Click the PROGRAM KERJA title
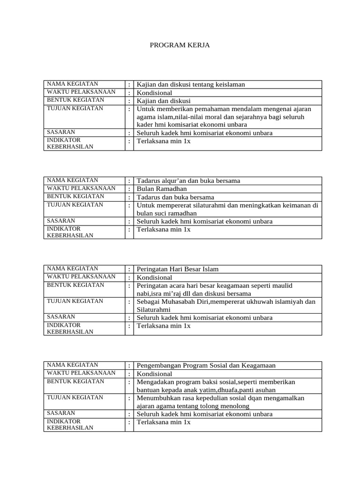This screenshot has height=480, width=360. pyautogui.click(x=180, y=45)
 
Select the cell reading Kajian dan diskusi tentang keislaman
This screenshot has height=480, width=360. pyautogui.click(x=191, y=84)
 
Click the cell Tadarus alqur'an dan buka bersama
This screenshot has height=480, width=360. pyautogui.click(x=188, y=180)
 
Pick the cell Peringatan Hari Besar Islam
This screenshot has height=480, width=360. pyautogui.click(x=177, y=269)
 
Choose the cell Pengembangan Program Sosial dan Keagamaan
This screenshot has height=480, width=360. pyautogui.click(x=206, y=365)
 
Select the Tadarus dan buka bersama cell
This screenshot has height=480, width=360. pyautogui.click(x=175, y=197)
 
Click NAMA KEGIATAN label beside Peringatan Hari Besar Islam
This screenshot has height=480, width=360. pyautogui.click(x=72, y=269)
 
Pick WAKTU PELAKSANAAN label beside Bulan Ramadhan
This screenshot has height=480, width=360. pyautogui.click(x=81, y=188)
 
